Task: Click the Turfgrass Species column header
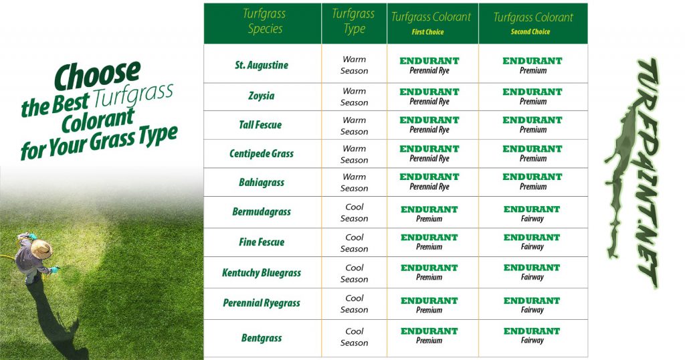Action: [x=264, y=21]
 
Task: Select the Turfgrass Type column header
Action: [x=353, y=21]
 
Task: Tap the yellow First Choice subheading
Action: [x=427, y=32]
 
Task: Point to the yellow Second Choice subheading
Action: [x=530, y=31]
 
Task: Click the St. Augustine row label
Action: [x=262, y=65]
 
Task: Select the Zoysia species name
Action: [x=262, y=96]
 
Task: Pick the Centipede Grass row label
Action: [x=262, y=153]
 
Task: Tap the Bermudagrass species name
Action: [x=262, y=212]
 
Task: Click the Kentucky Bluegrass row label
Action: [x=262, y=272]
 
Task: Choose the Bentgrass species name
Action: [x=262, y=338]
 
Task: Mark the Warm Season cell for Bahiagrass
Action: [x=355, y=183]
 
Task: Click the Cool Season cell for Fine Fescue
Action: [x=355, y=243]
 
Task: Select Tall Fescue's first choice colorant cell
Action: [x=429, y=124]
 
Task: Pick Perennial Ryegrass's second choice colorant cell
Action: [x=532, y=305]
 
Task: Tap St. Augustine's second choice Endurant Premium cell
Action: [x=532, y=65]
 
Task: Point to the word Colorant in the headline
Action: [x=98, y=120]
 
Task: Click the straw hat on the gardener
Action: [x=41, y=249]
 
